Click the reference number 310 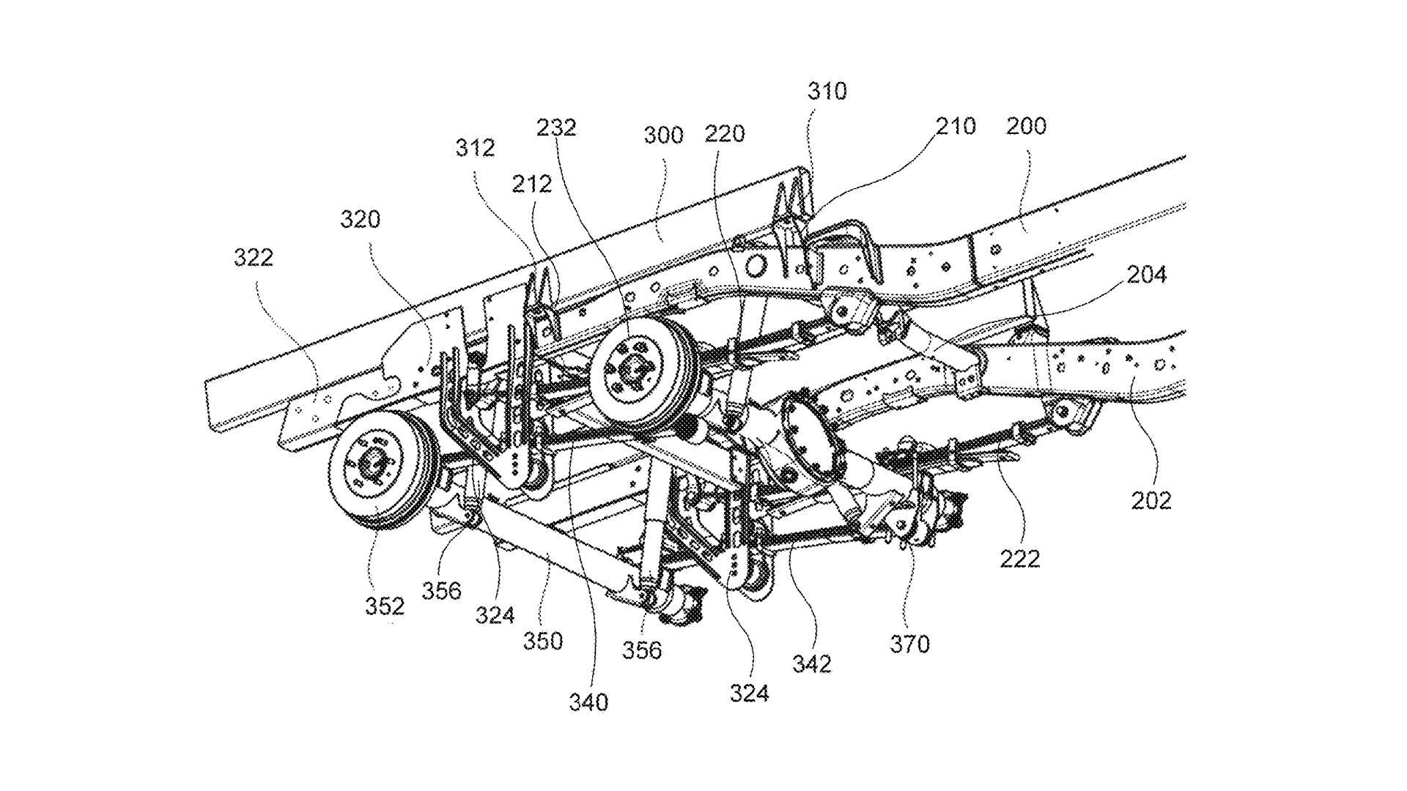(827, 92)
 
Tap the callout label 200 (1026, 126)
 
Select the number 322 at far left (254, 258)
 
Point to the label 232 (556, 127)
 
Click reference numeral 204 (1147, 275)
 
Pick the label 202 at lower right (1151, 501)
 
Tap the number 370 (909, 645)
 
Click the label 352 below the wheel (385, 606)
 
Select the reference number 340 (588, 702)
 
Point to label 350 (543, 642)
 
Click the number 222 (1020, 560)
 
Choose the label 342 (811, 664)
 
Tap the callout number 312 (475, 148)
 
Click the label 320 (361, 219)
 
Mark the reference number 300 (663, 135)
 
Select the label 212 (531, 184)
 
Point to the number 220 (725, 134)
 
